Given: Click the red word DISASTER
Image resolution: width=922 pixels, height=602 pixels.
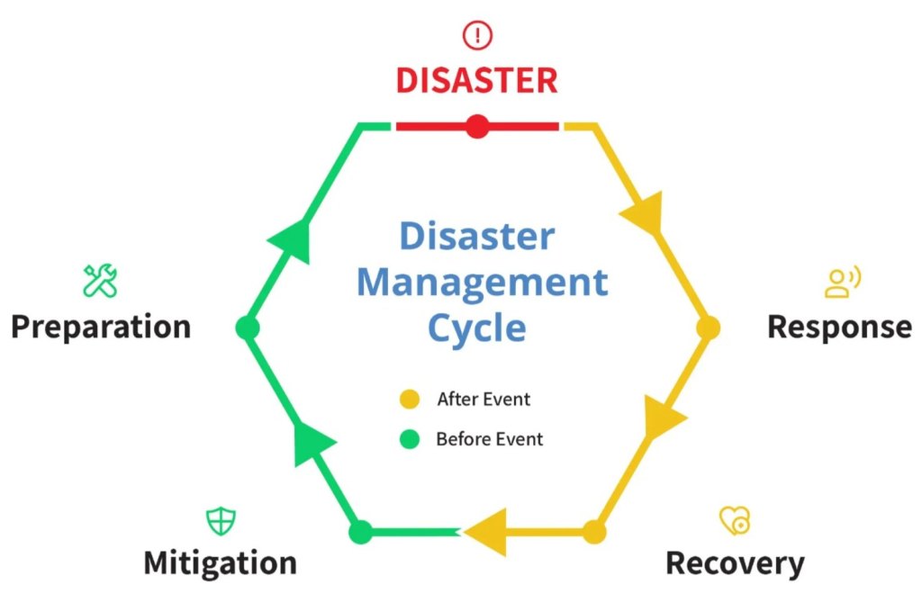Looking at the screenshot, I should [476, 81].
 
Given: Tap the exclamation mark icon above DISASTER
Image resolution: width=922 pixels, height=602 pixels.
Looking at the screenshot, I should [477, 35].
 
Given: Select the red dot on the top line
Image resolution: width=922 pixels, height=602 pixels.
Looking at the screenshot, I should [477, 126].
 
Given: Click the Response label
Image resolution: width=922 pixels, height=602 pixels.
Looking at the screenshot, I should [839, 327].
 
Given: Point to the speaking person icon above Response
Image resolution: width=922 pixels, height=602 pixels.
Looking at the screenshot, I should [842, 283].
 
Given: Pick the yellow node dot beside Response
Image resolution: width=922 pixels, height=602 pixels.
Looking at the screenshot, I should [709, 328].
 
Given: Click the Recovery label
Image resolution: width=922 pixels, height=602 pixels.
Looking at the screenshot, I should [735, 563].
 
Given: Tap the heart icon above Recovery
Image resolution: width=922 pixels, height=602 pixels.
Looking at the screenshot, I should [735, 520].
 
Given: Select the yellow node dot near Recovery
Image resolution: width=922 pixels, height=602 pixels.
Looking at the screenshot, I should [594, 532].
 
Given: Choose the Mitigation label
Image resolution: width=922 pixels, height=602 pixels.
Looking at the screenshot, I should [220, 563].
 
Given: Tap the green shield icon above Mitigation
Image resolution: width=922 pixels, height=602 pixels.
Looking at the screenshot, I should [221, 520].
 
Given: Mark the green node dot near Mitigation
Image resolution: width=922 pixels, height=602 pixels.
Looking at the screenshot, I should [360, 532].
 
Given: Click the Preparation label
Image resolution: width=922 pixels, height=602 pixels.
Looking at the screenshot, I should [101, 327].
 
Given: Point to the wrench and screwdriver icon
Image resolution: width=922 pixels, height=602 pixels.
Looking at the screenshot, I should [100, 281].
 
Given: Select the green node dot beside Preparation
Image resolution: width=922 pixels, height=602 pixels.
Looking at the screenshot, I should [247, 328].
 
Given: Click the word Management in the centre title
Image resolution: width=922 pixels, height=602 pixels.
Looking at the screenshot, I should [482, 283].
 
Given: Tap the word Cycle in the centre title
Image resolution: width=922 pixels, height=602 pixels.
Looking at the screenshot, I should [476, 328].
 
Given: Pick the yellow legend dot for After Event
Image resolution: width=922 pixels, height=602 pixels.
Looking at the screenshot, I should [410, 398].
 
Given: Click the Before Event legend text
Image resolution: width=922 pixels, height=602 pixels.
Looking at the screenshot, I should [489, 440].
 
